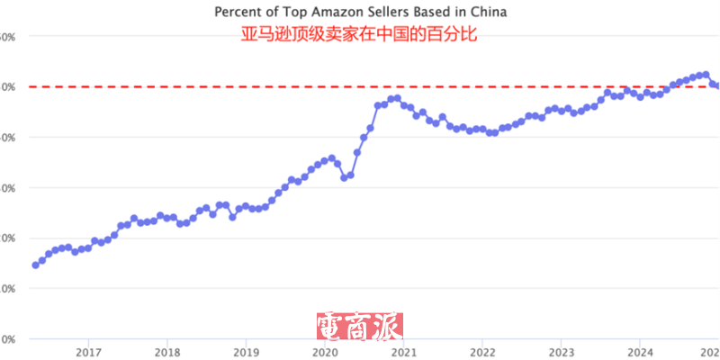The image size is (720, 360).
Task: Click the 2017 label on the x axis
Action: pyautogui.click(x=87, y=351)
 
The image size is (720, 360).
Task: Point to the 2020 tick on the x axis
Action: pyautogui.click(x=324, y=351)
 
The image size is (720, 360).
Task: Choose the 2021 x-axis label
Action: pyautogui.click(x=403, y=351)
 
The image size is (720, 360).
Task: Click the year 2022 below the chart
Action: pyautogui.click(x=482, y=351)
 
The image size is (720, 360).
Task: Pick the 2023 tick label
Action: pyautogui.click(x=561, y=351)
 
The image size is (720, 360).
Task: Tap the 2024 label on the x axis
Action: pyautogui.click(x=640, y=351)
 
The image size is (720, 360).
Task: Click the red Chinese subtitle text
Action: pyautogui.click(x=359, y=35)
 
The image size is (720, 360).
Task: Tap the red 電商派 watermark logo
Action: pyautogui.click(x=359, y=326)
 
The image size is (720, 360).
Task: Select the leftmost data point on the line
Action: pyautogui.click(x=35, y=265)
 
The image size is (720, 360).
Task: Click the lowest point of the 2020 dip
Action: pyautogui.click(x=344, y=177)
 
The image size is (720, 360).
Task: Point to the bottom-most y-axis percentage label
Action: pyautogui.click(x=5, y=338)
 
